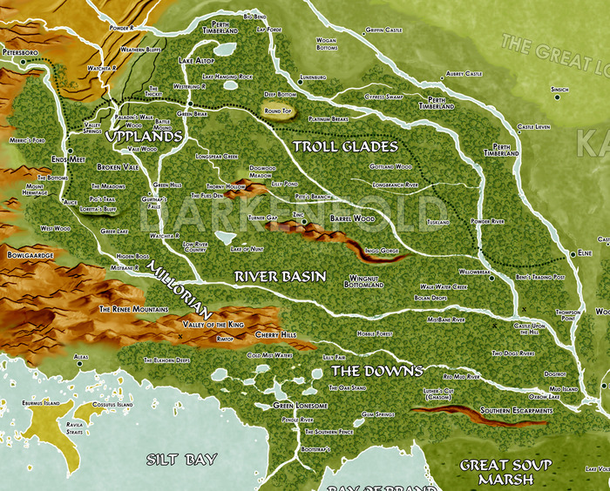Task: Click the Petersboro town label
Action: tap(22, 53)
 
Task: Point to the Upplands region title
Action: tap(143, 137)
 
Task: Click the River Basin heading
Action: tap(281, 277)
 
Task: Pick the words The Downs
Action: tap(376, 371)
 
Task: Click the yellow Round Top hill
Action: tap(277, 111)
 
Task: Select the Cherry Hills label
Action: tap(275, 334)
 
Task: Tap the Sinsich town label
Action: tap(559, 89)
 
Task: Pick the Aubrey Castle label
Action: tap(464, 74)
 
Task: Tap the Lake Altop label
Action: tap(196, 61)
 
